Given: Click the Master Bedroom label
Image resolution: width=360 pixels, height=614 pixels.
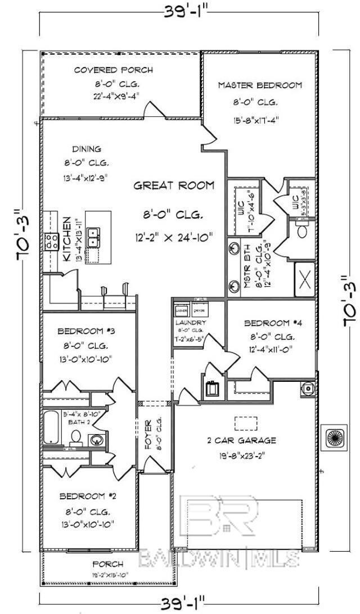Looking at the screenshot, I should pos(260,85).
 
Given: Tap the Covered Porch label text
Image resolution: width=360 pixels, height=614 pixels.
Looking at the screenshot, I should pos(113,70).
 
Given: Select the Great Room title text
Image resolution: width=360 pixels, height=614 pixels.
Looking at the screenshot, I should pos(173,186).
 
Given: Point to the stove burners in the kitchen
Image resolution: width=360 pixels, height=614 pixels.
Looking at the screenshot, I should pos(51,242).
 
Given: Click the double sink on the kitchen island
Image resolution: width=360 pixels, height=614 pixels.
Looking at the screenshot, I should pos(97,238).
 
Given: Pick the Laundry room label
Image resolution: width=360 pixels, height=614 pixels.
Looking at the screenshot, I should pos(191,323).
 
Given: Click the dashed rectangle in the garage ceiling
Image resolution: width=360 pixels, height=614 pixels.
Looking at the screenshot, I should pos(246,423).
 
